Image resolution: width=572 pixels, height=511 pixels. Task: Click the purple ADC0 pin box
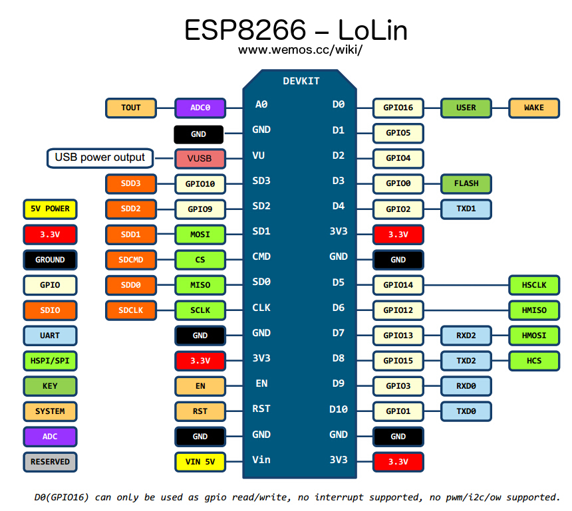200,108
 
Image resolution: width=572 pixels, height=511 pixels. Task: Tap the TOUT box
131,108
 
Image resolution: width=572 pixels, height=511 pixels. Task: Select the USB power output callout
100,158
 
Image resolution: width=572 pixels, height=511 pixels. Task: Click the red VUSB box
200,159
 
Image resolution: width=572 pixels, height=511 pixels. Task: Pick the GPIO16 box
398,108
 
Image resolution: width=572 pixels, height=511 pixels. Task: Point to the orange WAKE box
533,108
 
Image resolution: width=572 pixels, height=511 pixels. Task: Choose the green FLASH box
466,183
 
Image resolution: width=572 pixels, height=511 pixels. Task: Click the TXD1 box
466,209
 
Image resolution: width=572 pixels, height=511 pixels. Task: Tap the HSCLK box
533,285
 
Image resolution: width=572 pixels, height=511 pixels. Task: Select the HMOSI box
533,336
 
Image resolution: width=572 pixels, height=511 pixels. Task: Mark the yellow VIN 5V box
200,461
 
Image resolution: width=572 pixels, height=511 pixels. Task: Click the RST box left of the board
200,411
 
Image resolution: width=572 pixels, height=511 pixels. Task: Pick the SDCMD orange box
131,259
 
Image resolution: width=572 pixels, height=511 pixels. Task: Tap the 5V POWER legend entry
50,209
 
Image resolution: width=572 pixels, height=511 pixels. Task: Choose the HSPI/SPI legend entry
50,361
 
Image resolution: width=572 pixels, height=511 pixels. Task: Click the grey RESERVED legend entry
50,462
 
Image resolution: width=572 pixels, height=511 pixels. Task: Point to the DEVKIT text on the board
301,81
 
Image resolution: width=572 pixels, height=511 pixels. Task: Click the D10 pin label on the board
339,409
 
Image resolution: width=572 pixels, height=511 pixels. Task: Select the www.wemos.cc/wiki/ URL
300,50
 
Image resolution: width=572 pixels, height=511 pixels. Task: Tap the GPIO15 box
398,361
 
